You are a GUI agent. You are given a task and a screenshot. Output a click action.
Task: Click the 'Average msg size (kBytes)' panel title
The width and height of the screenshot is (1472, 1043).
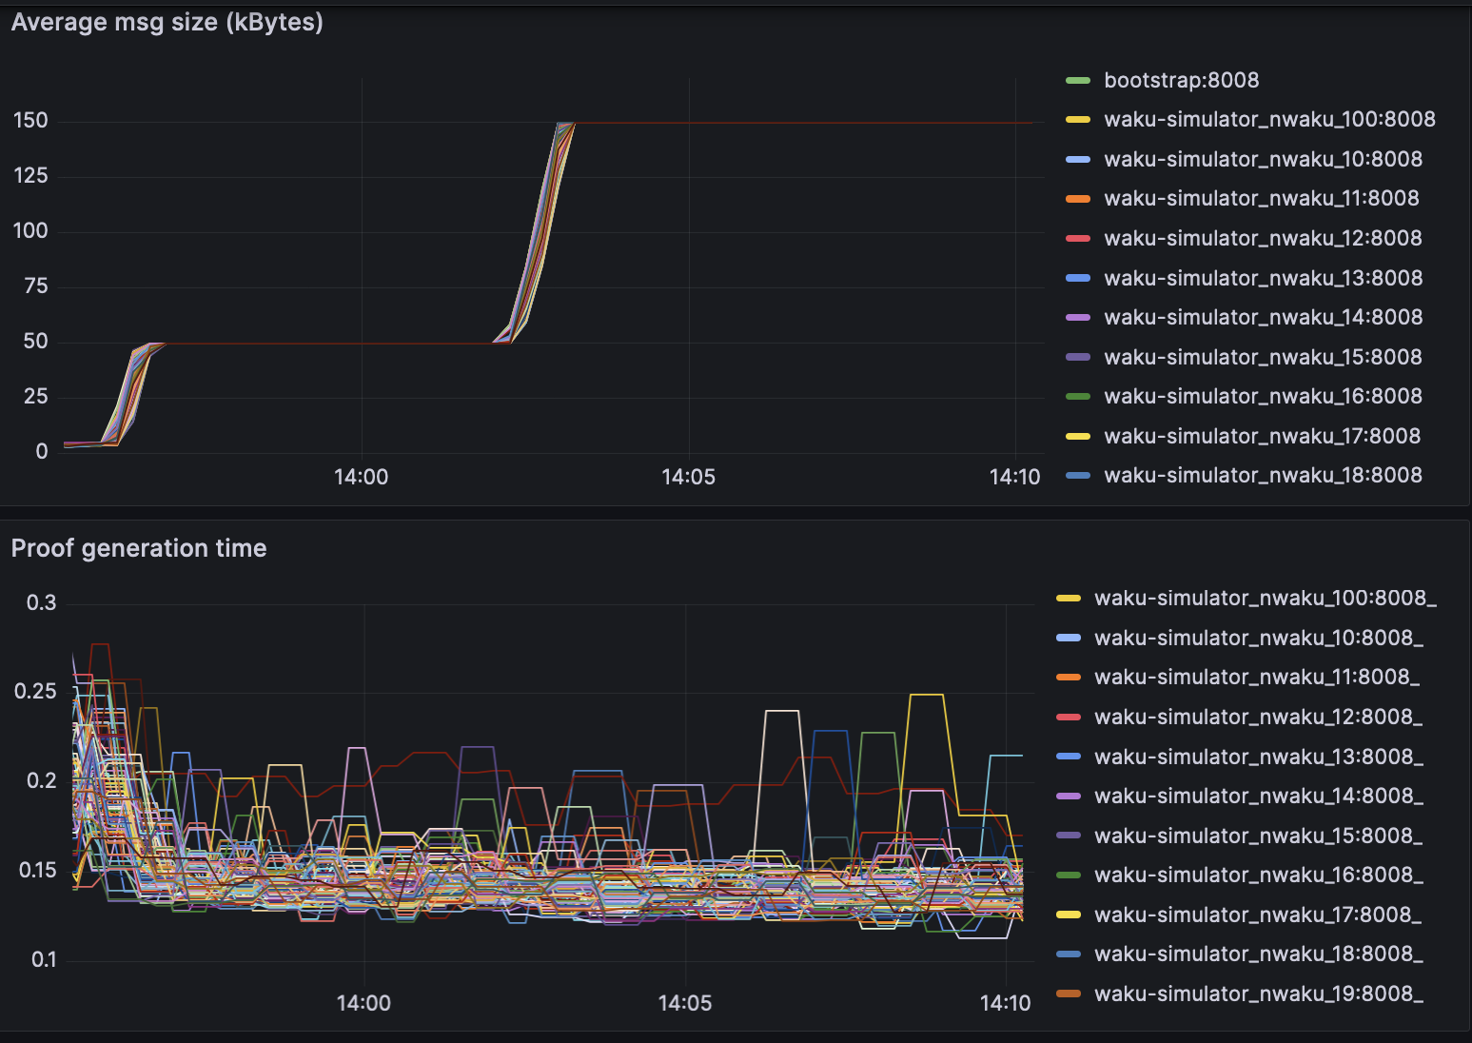point(167,22)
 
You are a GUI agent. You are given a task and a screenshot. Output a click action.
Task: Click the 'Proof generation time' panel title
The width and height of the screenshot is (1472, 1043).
point(139,548)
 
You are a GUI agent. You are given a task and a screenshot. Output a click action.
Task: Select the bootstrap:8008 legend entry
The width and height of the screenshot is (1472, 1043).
point(1181,80)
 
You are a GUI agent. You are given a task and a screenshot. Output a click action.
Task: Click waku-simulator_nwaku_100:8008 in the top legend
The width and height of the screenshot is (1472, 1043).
point(1269,119)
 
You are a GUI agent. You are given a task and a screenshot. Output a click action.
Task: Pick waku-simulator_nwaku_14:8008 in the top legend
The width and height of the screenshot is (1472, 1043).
point(1263,317)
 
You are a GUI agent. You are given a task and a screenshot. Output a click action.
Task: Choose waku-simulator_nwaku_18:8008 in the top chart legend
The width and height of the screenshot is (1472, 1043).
point(1263,475)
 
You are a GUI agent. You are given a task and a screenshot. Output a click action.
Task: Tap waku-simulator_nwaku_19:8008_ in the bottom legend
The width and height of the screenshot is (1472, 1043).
point(1258,994)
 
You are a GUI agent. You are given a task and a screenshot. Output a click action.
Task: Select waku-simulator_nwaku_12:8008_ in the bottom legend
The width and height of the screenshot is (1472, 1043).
point(1258,717)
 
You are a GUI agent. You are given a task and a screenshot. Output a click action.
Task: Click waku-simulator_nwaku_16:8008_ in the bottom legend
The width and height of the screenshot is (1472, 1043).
point(1258,875)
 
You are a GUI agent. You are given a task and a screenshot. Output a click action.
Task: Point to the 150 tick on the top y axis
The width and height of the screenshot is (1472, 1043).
point(30,121)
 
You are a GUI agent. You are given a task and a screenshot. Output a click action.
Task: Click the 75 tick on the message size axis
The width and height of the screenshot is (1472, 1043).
point(35,286)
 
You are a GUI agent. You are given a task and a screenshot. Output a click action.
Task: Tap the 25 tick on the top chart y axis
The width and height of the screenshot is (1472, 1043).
point(35,397)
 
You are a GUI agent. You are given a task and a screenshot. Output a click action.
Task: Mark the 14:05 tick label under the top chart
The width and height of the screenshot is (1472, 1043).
point(688,477)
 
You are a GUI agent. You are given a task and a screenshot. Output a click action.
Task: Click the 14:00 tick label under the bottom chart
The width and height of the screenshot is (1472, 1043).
point(363,1003)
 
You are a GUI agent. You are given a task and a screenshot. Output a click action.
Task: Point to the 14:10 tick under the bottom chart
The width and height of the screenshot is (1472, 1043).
point(1005,1003)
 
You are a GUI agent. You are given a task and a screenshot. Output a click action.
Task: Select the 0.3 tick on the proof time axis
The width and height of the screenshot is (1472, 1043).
point(41,603)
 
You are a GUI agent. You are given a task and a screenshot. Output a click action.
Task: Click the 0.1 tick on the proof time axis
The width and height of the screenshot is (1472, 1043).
point(44,959)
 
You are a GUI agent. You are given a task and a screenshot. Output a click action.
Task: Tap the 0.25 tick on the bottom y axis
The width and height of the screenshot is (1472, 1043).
point(36,692)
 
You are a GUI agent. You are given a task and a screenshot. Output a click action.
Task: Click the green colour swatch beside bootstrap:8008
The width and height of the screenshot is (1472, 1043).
point(1078,81)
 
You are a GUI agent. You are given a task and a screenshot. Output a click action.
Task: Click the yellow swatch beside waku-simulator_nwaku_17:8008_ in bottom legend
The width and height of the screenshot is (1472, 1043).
point(1069,915)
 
